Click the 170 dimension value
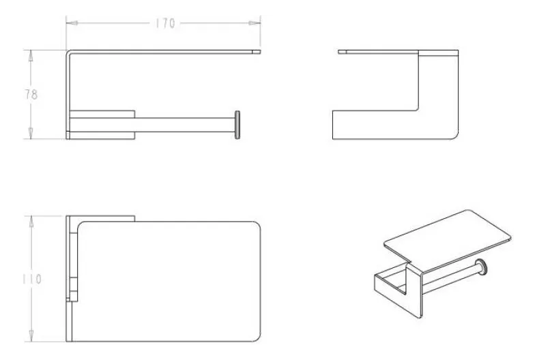click(x=165, y=24)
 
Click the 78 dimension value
click(x=31, y=95)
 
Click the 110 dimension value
click(x=32, y=280)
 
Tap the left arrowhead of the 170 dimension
click(x=72, y=23)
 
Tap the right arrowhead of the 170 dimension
click(x=255, y=23)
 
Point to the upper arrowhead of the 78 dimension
click(x=31, y=56)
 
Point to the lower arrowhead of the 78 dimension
click(x=31, y=133)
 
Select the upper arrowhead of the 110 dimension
click(x=31, y=222)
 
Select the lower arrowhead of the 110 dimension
click(x=31, y=335)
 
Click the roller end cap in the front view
click(x=237, y=125)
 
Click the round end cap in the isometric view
click(x=481, y=267)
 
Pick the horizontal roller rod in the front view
click(x=185, y=125)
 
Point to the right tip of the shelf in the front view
click(x=260, y=52)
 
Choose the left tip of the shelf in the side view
click(x=338, y=52)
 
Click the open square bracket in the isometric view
click(x=390, y=284)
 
